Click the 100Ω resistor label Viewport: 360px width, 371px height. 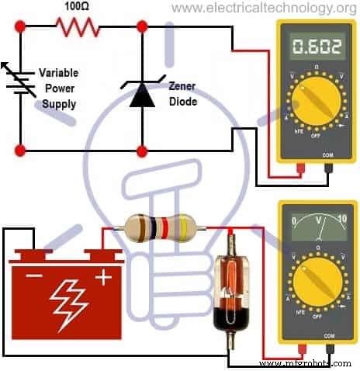[77, 6]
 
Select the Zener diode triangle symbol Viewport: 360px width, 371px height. [141, 94]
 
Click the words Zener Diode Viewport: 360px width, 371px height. [183, 95]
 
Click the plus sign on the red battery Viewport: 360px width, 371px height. [100, 276]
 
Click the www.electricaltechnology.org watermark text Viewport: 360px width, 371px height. [263, 8]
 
